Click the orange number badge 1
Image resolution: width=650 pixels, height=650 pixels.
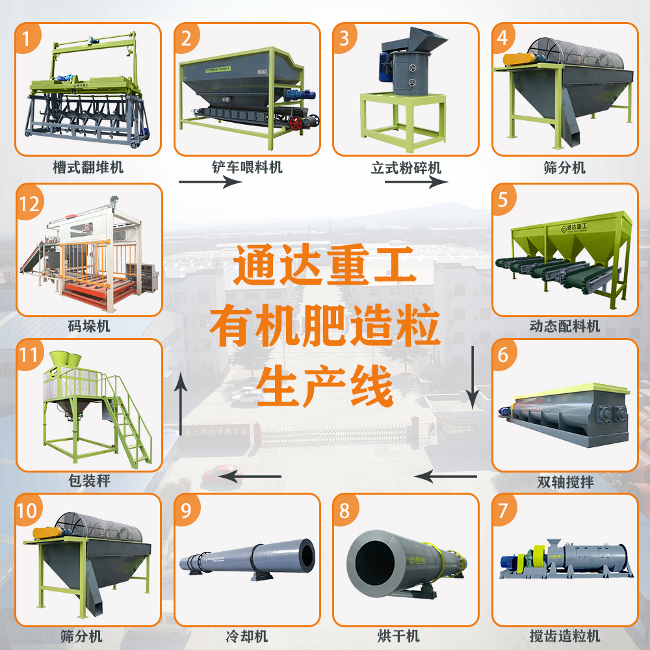coord(27,39)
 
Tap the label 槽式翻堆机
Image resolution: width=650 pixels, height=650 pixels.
coord(88,167)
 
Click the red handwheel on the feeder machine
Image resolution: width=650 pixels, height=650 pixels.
coord(301,122)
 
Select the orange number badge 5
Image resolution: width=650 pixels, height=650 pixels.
coord(504,200)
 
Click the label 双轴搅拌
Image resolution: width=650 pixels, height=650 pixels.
coord(565,482)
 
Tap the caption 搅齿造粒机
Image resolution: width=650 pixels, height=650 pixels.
coord(565,636)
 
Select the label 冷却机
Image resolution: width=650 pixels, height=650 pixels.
coord(248,636)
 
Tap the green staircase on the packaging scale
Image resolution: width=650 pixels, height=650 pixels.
coord(133,422)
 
